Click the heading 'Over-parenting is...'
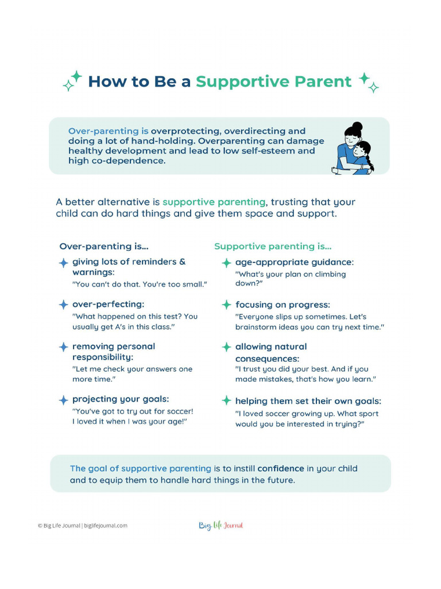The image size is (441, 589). tap(104, 246)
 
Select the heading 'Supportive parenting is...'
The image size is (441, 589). tap(273, 246)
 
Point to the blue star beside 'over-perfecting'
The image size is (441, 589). tap(63, 304)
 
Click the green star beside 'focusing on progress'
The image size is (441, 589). tap(227, 305)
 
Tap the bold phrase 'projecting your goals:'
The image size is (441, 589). tap(120, 399)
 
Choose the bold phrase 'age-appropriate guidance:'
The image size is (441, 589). tap(295, 262)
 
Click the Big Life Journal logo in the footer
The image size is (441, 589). tap(221, 525)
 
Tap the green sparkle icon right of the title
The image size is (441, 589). tap(369, 82)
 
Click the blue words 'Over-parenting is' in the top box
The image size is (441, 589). tap(108, 131)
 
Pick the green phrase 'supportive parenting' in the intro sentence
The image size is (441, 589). tap(214, 202)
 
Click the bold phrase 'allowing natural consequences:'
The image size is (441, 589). tap(271, 353)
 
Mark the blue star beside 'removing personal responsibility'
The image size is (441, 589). tap(63, 347)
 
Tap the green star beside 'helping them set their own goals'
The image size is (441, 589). tap(227, 400)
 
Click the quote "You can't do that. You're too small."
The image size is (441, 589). tap(139, 284)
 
